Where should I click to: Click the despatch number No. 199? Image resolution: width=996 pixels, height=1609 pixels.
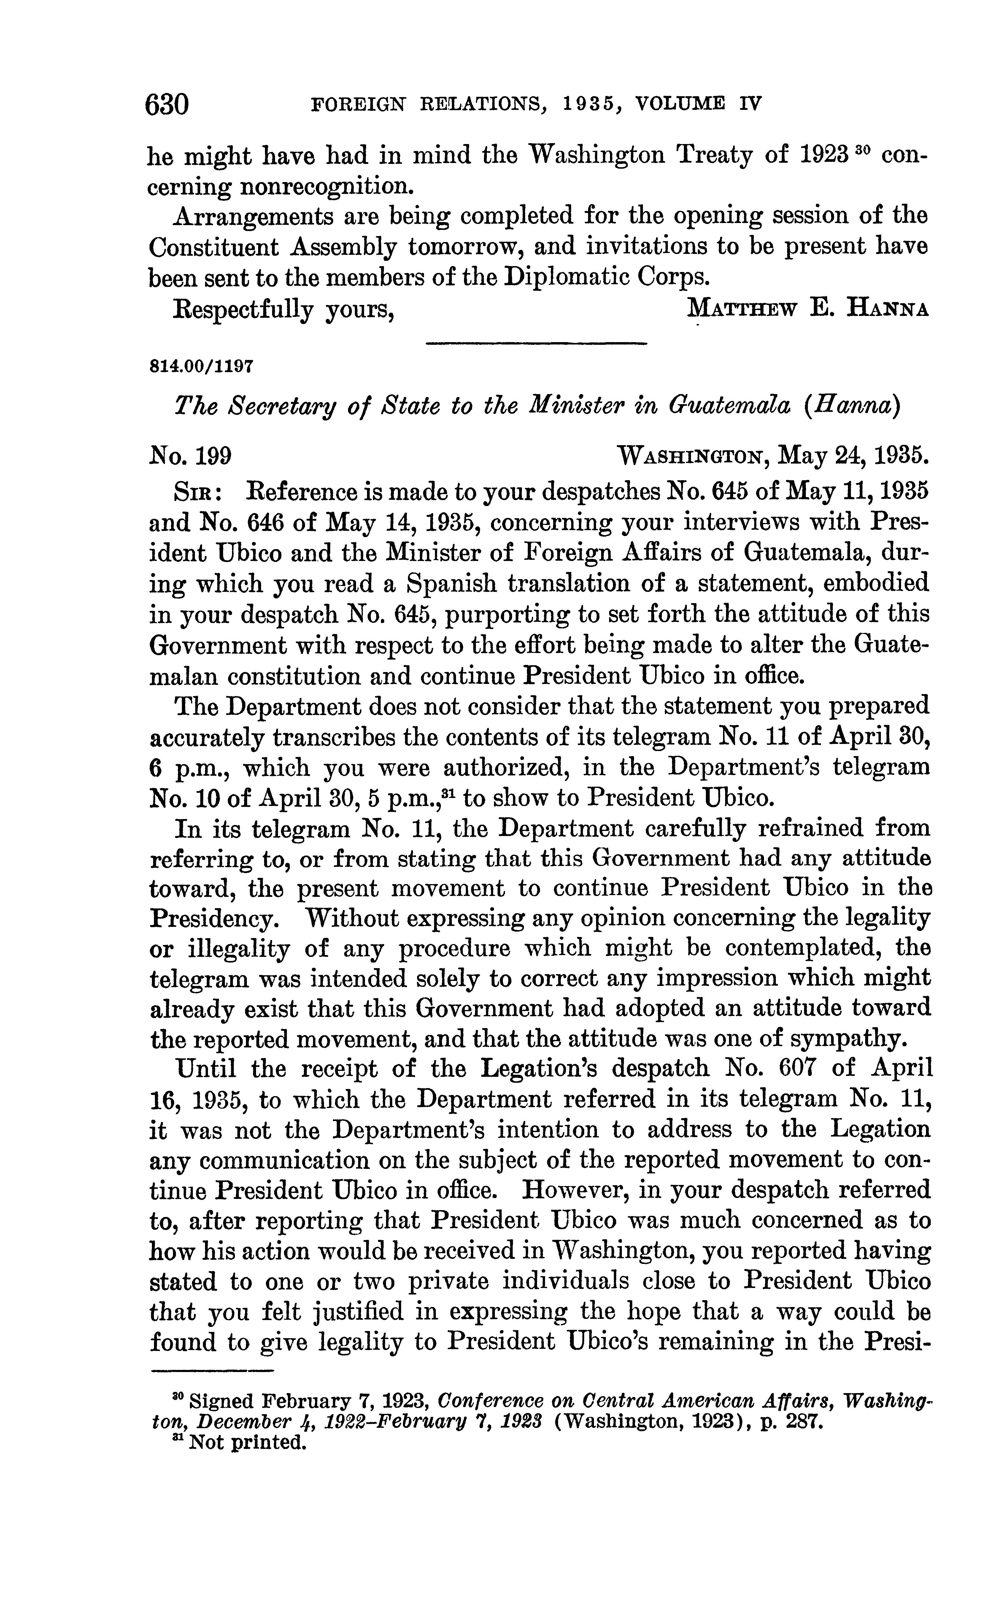click(x=190, y=455)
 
